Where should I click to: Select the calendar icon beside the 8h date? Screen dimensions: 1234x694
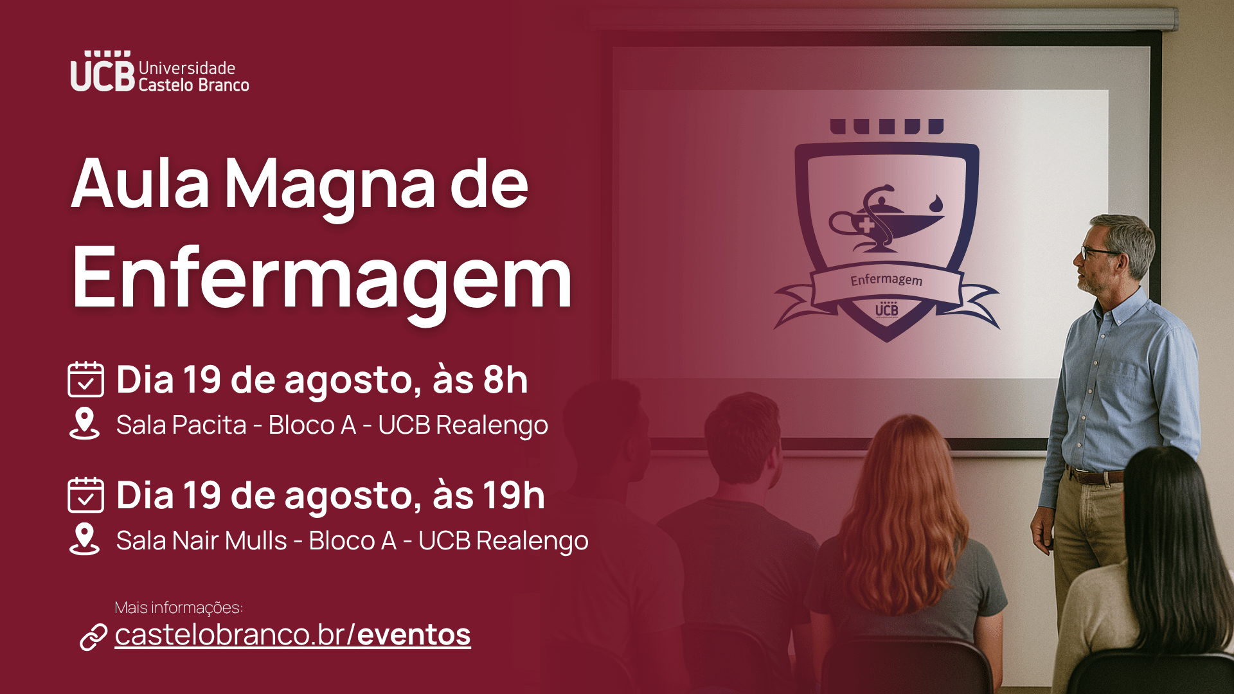(x=85, y=379)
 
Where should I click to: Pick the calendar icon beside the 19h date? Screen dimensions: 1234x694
(x=85, y=495)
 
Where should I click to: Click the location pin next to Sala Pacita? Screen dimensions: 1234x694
(x=84, y=423)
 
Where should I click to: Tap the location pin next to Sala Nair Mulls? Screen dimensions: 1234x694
(x=84, y=539)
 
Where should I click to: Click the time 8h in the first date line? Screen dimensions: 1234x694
(x=505, y=380)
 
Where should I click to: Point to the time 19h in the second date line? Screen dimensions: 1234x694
(x=514, y=495)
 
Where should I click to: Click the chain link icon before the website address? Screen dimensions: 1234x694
(x=93, y=637)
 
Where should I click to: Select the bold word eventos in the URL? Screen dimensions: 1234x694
(x=414, y=635)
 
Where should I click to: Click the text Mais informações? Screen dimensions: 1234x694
(x=179, y=607)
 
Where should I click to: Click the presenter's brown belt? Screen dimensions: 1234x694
(x=1096, y=476)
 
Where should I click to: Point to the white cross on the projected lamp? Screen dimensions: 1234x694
(x=866, y=225)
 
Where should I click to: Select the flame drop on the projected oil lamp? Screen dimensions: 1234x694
(x=936, y=203)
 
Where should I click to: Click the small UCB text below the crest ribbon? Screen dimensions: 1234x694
(x=887, y=310)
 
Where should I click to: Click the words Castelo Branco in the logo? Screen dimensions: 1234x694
(x=193, y=85)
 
